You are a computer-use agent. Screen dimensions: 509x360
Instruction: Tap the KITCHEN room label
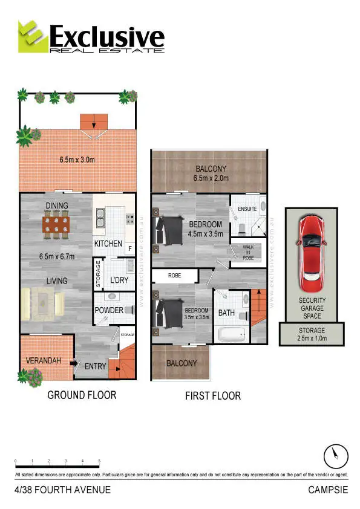[108, 244]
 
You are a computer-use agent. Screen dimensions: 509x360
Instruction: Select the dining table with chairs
[56, 225]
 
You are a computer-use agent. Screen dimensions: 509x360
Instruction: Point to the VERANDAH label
[44, 361]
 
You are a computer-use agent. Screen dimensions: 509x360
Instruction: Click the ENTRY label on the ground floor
[96, 366]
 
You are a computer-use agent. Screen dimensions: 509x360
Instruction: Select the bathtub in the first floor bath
[230, 334]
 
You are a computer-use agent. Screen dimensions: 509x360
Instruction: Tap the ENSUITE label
[248, 209]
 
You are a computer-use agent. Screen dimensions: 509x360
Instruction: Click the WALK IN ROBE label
[248, 251]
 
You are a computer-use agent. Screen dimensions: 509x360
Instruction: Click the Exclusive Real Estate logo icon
[32, 36]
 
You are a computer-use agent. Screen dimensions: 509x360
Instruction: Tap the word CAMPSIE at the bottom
[328, 490]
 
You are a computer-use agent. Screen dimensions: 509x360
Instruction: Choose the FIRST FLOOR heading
[212, 396]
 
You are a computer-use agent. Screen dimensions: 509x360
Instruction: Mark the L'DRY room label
[119, 280]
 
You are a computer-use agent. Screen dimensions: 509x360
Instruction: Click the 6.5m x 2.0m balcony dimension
[211, 180]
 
